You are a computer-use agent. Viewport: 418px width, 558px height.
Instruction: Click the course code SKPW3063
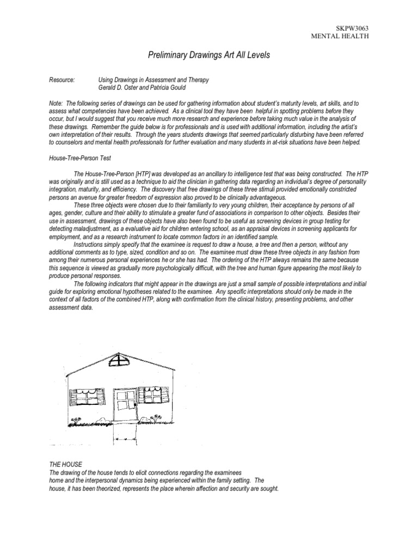(x=353, y=27)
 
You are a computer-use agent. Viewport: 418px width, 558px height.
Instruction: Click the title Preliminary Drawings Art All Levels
(x=208, y=56)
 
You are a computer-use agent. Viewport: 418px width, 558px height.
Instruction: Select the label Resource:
(x=62, y=80)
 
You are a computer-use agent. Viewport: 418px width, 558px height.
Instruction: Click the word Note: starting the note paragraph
(x=56, y=103)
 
